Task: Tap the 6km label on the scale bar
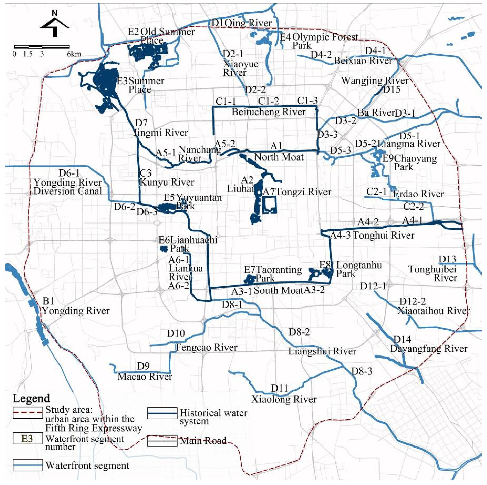coord(74,54)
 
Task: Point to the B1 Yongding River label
coord(76,307)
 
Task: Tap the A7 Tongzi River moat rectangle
coord(269,205)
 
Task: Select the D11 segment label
coord(279,388)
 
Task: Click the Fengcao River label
coord(206,347)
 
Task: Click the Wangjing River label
coord(375,81)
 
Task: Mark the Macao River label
coord(145,377)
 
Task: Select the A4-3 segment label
coord(340,236)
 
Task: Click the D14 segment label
coord(402,339)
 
